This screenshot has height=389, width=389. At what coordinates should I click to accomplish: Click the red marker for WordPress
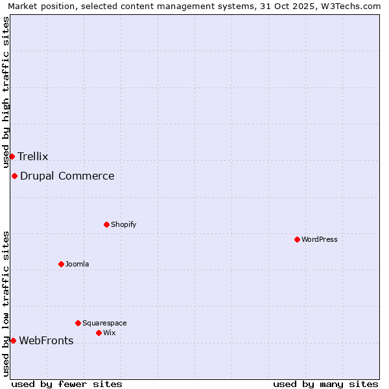click(297, 239)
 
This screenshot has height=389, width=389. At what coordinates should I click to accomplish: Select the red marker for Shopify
click(106, 224)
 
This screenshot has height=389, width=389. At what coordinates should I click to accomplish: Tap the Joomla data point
click(61, 264)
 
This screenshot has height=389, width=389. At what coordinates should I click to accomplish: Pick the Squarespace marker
click(78, 323)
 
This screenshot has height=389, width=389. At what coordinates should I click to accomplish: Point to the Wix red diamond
click(99, 333)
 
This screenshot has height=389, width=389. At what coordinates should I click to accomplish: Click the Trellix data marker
click(12, 156)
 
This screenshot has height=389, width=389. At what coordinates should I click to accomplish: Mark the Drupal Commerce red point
click(14, 176)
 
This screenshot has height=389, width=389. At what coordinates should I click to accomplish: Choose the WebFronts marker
click(13, 340)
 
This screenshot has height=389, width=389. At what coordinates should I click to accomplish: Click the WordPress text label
click(319, 239)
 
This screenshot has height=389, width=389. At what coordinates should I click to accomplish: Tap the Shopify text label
click(123, 224)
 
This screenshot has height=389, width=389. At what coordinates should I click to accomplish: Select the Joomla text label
click(77, 264)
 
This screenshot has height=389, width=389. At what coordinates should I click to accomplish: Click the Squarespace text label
click(104, 323)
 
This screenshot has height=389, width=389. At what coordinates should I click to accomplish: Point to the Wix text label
click(109, 333)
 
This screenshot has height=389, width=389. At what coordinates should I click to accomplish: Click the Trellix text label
click(33, 156)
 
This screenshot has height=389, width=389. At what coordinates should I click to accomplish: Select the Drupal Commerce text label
click(67, 176)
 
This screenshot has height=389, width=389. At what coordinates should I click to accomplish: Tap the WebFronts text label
click(46, 340)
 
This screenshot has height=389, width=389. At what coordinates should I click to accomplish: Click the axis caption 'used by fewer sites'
click(67, 384)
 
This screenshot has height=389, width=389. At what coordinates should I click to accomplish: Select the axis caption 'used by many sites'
click(325, 384)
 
